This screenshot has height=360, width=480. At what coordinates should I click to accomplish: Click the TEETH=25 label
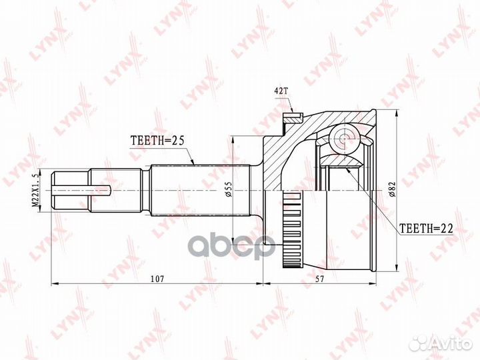[157, 140]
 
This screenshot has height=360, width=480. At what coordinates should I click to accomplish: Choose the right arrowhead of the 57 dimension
[371, 283]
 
